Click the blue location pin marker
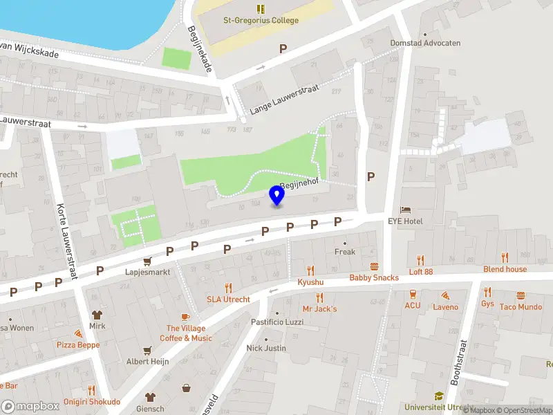click(277, 196)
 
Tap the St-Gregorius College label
click(261, 20)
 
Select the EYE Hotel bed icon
click(406, 210)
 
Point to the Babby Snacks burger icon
click(374, 266)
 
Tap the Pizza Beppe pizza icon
click(78, 333)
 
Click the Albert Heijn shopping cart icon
click(147, 350)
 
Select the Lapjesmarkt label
click(147, 273)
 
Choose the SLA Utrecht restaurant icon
click(227, 288)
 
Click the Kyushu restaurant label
click(310, 282)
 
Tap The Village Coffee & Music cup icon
click(185, 317)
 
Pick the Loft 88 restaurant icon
click(420, 260)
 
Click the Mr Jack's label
click(319, 308)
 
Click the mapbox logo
click(30, 407)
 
